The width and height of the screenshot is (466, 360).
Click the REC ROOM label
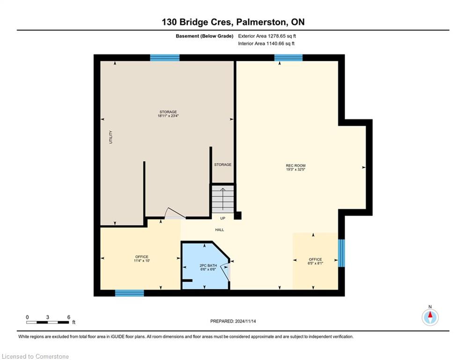pyautogui.click(x=296, y=165)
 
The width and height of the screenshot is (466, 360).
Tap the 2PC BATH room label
pyautogui.click(x=208, y=265)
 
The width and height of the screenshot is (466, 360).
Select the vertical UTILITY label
pyautogui.click(x=111, y=137)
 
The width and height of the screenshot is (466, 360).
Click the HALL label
pyautogui.click(x=220, y=230)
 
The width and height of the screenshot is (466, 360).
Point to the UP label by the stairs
pyautogui.click(x=222, y=218)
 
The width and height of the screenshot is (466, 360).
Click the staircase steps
pyautogui.click(x=222, y=199)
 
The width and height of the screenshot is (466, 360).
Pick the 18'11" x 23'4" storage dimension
pyautogui.click(x=168, y=116)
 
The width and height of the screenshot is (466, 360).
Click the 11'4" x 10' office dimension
pyautogui.click(x=142, y=261)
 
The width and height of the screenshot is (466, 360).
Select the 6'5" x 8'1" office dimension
pyautogui.click(x=315, y=263)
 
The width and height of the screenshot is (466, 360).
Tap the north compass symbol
pyautogui.click(x=430, y=317)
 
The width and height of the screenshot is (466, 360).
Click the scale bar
pyautogui.click(x=48, y=322)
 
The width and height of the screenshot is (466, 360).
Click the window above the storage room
pyautogui.click(x=165, y=58)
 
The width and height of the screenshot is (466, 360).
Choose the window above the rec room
pyautogui.click(x=288, y=58)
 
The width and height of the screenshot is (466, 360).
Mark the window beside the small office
pyautogui.click(x=341, y=253)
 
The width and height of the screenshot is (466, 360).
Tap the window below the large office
pyautogui.click(x=129, y=293)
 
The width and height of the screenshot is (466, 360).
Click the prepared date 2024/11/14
pyautogui.click(x=245, y=321)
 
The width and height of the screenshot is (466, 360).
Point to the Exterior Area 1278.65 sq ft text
pyautogui.click(x=267, y=36)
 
